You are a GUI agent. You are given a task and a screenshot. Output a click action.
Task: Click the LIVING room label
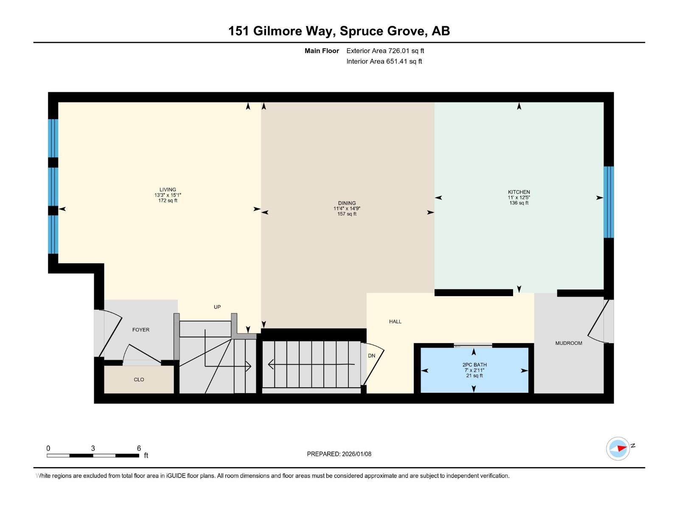pyautogui.click(x=168, y=190)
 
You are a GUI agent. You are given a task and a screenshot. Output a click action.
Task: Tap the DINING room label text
pyautogui.click(x=347, y=203)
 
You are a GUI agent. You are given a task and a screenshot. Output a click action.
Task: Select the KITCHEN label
pyautogui.click(x=519, y=192)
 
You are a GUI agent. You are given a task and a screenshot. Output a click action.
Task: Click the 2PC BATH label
pyautogui.click(x=474, y=365)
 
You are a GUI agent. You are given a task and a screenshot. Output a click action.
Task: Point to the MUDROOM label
pyautogui.click(x=568, y=343)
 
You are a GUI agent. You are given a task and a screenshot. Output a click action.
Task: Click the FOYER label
pyautogui.click(x=140, y=330)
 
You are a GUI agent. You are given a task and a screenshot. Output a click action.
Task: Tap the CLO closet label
pyautogui.click(x=139, y=380)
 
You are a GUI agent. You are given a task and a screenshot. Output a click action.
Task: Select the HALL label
pyautogui.click(x=395, y=322)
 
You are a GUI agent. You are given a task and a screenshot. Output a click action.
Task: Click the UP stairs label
pyautogui.click(x=217, y=307)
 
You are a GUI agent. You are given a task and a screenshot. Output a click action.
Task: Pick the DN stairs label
pyautogui.click(x=371, y=356)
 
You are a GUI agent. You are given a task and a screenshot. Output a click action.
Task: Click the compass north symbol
pyautogui.click(x=618, y=448)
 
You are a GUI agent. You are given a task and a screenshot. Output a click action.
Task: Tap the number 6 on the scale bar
pyautogui.click(x=139, y=448)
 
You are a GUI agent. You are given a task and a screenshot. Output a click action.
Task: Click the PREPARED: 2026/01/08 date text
pyautogui.click(x=339, y=454)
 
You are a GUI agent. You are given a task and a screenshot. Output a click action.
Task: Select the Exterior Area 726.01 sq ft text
pyautogui.click(x=385, y=51)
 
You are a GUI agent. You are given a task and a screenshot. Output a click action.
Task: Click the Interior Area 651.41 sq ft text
pyautogui.click(x=384, y=62)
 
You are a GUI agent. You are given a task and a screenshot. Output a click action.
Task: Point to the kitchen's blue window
pyautogui.click(x=608, y=202)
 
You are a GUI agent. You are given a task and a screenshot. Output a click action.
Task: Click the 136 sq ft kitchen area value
pyautogui.click(x=519, y=203)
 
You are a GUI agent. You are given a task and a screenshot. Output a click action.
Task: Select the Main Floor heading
pyautogui.click(x=322, y=51)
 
